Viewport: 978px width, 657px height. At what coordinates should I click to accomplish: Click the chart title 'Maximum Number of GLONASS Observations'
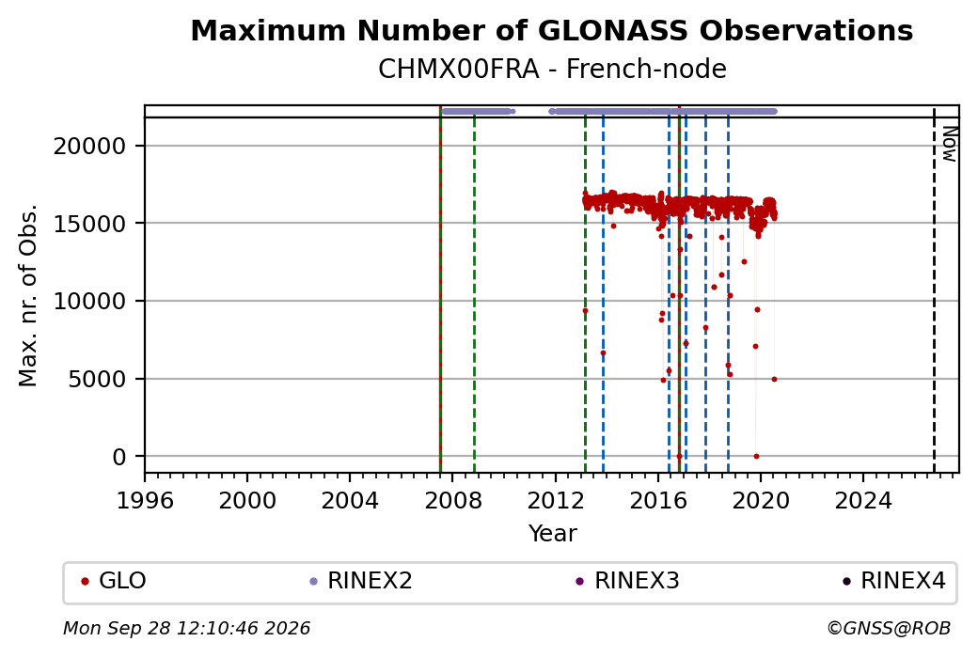551,30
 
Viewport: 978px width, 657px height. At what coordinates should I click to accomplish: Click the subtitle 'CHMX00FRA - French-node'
552,70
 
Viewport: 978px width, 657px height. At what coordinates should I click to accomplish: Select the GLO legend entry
114,581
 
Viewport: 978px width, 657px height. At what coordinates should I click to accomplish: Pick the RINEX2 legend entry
361,581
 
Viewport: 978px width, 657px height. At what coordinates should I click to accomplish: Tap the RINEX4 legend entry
894,581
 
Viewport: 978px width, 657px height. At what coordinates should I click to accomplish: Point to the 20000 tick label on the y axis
89,147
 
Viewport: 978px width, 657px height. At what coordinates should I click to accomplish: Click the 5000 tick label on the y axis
97,379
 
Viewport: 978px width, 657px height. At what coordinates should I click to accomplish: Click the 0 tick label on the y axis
119,457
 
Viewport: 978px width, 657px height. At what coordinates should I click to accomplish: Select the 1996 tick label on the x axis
145,500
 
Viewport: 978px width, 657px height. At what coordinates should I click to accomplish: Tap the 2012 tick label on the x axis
555,500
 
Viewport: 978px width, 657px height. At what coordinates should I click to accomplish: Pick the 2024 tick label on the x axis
863,500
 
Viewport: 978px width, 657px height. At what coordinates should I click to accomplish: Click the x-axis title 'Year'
553,534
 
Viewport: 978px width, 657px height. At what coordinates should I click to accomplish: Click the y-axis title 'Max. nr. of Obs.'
28,295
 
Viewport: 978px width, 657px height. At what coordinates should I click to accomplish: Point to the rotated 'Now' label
949,144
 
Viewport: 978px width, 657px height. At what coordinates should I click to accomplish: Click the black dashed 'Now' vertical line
934,289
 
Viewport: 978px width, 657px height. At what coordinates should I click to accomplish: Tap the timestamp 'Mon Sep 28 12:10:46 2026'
186,628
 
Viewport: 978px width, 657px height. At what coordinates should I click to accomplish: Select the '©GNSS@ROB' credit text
889,628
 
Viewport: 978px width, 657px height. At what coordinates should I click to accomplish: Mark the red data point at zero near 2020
757,456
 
